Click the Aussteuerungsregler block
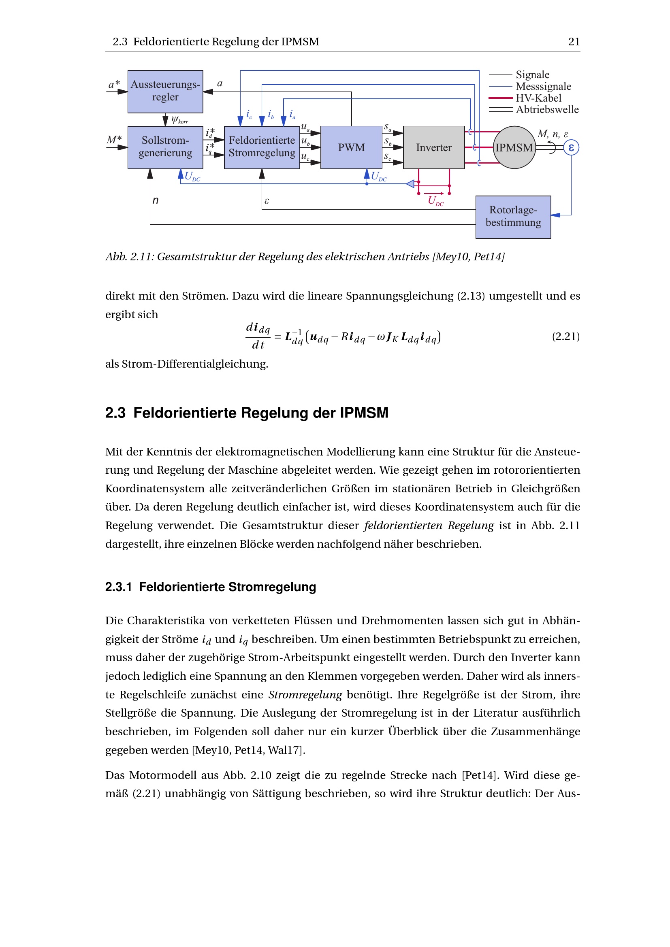[x=165, y=92]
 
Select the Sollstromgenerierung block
[x=165, y=147]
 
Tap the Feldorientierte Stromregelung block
[x=262, y=147]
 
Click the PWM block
[x=351, y=147]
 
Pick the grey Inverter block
[x=433, y=147]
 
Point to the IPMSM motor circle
[x=514, y=147]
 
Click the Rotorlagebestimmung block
[x=513, y=217]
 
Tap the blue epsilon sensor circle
[x=571, y=148]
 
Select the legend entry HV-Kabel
[x=538, y=98]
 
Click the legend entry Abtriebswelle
[x=547, y=110]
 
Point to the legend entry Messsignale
[x=543, y=87]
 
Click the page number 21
[x=574, y=42]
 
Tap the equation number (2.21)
[x=565, y=336]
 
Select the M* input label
[x=114, y=140]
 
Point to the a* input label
[x=114, y=85]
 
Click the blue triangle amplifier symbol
[x=410, y=183]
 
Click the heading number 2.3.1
[x=118, y=587]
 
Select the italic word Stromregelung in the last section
[x=305, y=695]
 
